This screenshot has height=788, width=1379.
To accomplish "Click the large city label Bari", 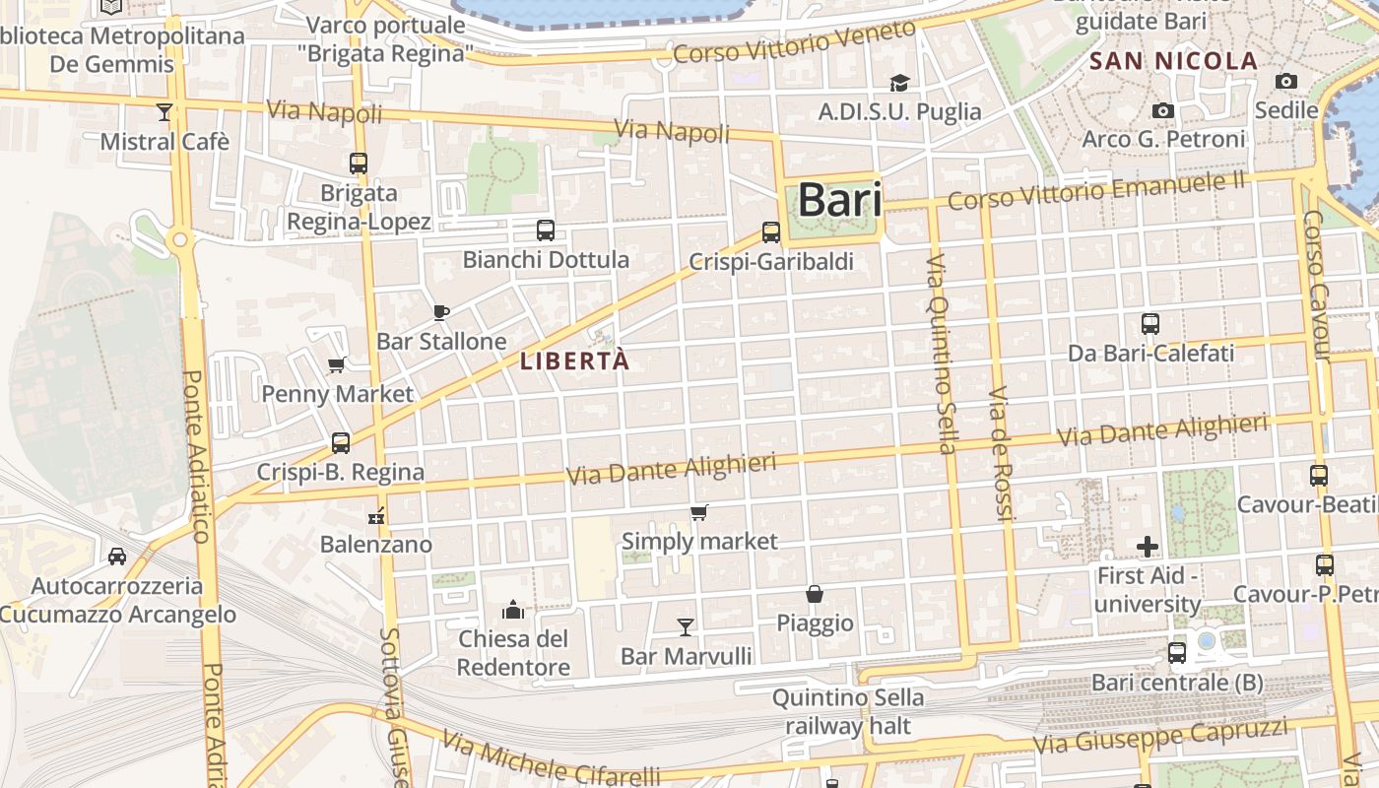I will click(x=838, y=200).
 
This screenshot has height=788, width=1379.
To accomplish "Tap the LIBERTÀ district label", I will click(x=574, y=361).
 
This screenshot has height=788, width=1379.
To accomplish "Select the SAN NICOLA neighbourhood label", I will click(x=1173, y=61).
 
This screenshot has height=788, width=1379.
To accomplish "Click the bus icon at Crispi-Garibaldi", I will click(x=771, y=232).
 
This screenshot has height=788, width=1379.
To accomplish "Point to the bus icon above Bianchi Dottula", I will click(x=546, y=230).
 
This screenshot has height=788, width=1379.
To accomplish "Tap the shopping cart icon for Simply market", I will click(x=699, y=512).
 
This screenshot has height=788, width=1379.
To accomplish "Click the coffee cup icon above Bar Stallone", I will click(x=441, y=312).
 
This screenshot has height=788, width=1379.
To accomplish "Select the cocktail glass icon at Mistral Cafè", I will click(x=164, y=112).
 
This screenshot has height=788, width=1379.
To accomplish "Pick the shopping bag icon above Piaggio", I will click(x=815, y=594).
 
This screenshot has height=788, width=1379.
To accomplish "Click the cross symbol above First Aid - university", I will click(x=1148, y=546).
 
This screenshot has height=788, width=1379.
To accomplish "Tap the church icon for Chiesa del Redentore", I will click(x=512, y=610).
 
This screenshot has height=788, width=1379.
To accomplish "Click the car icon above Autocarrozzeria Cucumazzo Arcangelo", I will click(x=117, y=557).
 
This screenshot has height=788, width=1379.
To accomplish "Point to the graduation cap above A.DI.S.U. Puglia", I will click(x=899, y=83).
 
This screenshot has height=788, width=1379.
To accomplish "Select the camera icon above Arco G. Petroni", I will click(x=1163, y=110).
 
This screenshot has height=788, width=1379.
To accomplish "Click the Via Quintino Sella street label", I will click(x=942, y=353).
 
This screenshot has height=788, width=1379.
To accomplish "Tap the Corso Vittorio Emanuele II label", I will click(x=1096, y=190).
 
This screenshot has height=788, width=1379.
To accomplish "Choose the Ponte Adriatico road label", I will click(x=196, y=455).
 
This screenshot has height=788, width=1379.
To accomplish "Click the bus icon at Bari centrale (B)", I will click(x=1176, y=652).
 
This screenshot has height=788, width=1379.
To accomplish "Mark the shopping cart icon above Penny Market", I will click(x=337, y=365).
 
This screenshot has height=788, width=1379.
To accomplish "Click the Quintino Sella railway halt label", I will click(x=848, y=712).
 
